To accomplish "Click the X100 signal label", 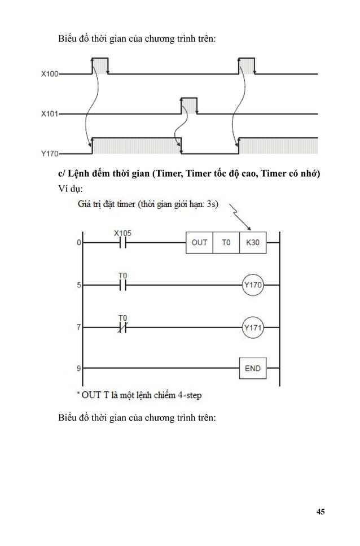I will pos(50,74).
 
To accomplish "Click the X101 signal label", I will pos(50,113).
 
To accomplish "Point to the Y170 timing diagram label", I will pos(50,152).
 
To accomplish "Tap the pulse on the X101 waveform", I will pos(189,106).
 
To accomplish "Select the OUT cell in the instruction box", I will pos(199,242).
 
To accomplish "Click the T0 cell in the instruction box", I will pos(226,242).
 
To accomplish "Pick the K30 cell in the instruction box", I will pos(253,242).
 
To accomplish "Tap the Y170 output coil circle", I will pos(253,285).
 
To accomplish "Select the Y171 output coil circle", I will pos(253,327).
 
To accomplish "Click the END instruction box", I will pos(253,368).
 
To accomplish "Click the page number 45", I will pos(321,512).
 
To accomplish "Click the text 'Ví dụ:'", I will pos(71,187).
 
